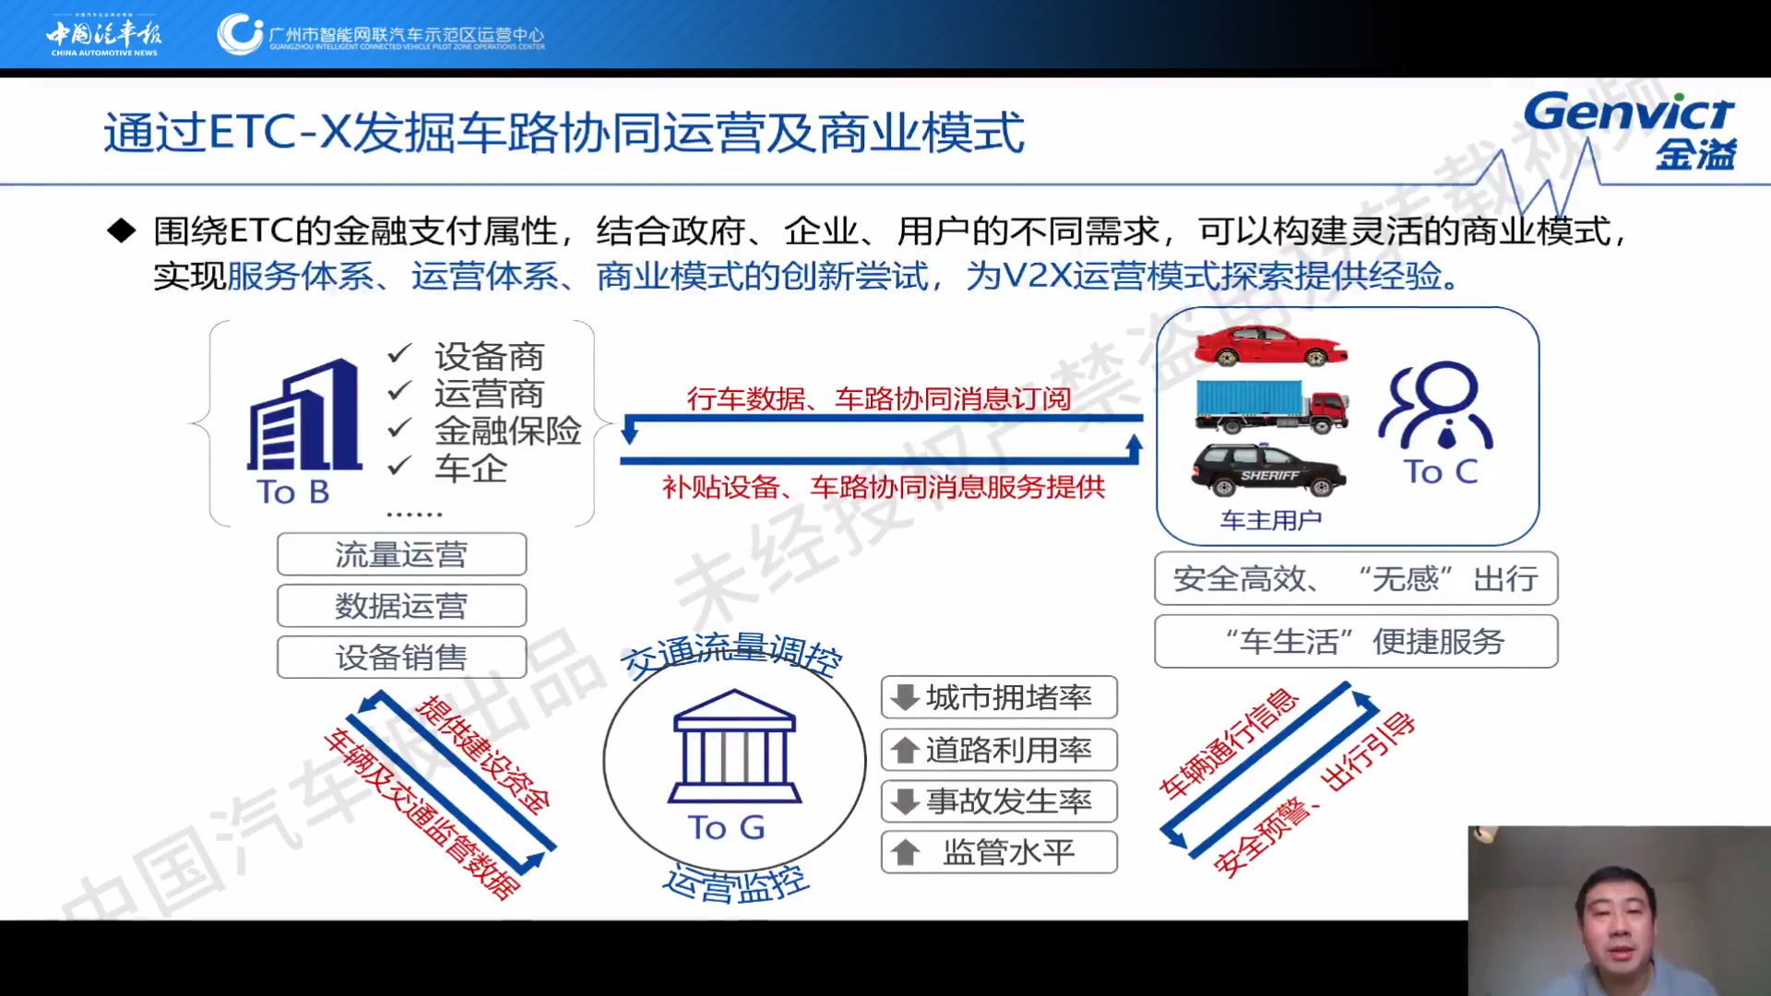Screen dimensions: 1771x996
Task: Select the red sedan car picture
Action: click(1271, 346)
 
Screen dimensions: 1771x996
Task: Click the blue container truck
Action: click(1271, 406)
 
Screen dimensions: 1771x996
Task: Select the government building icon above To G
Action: click(734, 746)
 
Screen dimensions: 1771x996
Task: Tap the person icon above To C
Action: click(1436, 406)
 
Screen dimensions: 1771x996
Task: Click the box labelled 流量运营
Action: click(402, 554)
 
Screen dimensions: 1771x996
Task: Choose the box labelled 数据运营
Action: click(402, 606)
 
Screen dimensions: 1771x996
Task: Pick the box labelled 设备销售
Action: click(402, 658)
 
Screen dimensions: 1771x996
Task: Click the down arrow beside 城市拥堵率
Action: click(905, 697)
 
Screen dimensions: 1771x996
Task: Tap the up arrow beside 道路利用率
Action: click(905, 750)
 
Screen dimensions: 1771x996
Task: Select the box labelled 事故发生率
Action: click(999, 801)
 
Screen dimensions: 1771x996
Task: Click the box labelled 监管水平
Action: click(999, 852)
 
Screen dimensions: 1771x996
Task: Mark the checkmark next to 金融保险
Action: click(399, 429)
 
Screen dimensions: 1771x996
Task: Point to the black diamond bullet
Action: click(121, 231)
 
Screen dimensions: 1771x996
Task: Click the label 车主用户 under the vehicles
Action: click(1271, 521)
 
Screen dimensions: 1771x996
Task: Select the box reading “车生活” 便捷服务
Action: click(1356, 641)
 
